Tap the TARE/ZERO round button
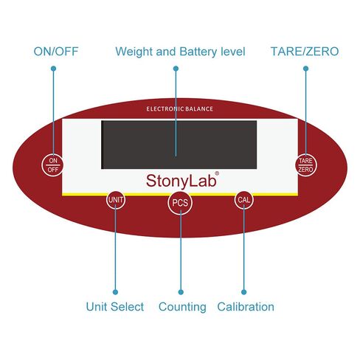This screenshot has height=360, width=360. (305, 165)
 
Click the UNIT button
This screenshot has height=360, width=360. (116, 200)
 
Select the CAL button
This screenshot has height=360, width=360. (243, 200)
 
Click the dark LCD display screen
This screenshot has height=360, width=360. (179, 145)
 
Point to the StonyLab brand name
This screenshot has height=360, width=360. (181, 181)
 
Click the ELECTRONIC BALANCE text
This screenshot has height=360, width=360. (179, 109)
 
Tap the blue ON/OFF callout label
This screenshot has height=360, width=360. (56, 52)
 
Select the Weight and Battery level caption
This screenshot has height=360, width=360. (180, 52)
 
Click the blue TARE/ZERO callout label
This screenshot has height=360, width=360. (305, 52)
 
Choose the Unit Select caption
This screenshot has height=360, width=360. (115, 307)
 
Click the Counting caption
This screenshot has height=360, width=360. (182, 307)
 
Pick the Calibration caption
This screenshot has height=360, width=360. (246, 307)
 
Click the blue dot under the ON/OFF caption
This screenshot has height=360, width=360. (53, 69)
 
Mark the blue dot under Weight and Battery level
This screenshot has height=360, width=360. (176, 69)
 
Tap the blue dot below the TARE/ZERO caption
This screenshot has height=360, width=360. (305, 69)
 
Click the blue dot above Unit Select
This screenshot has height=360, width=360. (115, 292)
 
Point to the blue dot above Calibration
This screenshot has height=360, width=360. (244, 292)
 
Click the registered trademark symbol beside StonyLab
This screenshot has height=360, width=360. (217, 173)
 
